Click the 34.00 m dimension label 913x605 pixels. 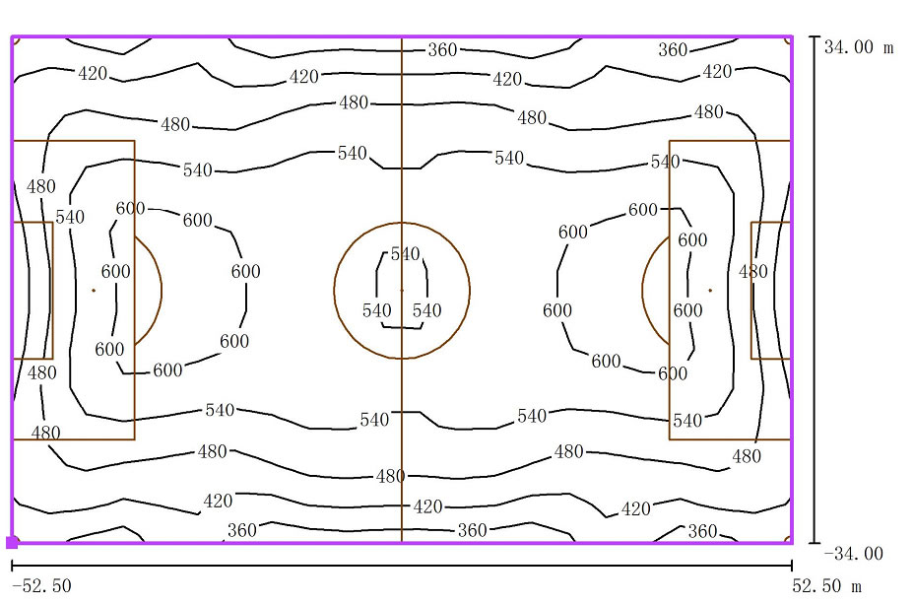click(860, 47)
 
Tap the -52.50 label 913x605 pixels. click(41, 586)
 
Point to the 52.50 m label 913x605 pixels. click(826, 586)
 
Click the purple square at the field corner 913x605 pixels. click(12, 542)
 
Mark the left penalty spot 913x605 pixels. click(94, 290)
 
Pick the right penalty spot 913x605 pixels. click(710, 290)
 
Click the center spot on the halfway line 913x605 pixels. click(402, 290)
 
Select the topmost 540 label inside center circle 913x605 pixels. click(405, 254)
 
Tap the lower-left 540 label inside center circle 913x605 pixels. click(377, 310)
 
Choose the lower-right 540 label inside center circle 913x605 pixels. click(426, 310)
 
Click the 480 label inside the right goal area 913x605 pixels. click(753, 271)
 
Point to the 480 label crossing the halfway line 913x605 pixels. click(390, 476)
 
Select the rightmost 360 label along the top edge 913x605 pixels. click(673, 50)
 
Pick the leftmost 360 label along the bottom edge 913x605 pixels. click(241, 530)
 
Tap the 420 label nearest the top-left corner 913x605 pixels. click(92, 73)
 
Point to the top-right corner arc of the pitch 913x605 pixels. click(788, 40)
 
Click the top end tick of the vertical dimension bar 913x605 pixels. click(815, 37)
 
